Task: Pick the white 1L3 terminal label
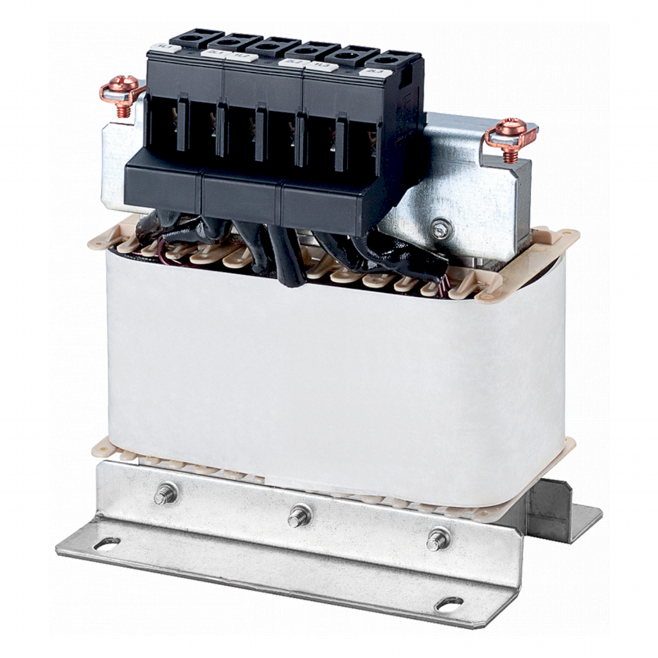(319, 66)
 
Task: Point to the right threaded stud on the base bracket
(438, 538)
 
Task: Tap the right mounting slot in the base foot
(449, 603)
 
